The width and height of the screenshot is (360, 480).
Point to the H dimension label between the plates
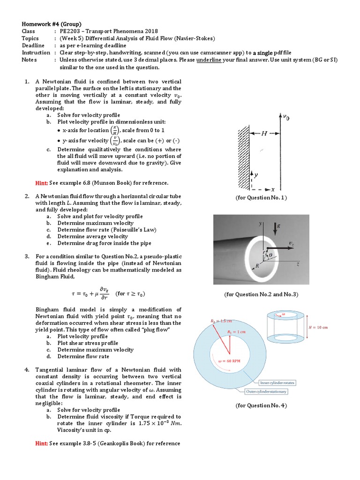[x=264, y=134]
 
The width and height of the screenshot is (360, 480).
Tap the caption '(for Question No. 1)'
[x=261, y=198]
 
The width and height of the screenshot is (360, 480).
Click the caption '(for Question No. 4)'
[x=261, y=405]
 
